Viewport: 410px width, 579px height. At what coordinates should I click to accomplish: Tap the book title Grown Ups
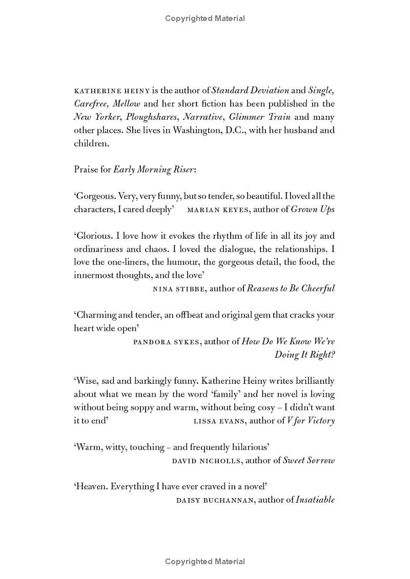(313, 209)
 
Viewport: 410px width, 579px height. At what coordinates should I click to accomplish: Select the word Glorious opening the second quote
(93, 236)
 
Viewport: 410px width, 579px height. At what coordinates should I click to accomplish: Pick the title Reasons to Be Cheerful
(291, 288)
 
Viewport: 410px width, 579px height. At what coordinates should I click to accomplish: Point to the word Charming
(94, 315)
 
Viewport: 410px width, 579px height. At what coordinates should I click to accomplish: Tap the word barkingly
(150, 381)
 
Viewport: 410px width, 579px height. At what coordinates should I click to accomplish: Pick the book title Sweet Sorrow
(309, 460)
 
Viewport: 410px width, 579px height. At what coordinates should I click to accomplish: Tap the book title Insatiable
(315, 500)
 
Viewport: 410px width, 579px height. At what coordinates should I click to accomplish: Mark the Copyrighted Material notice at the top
(205, 18)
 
